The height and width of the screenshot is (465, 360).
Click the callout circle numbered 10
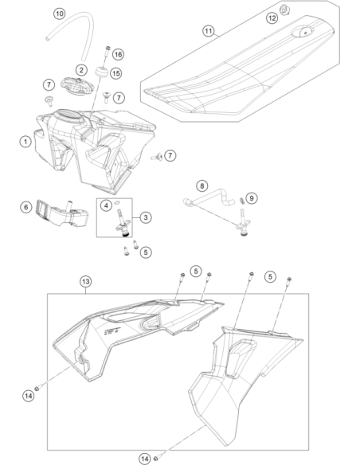click(x=59, y=14)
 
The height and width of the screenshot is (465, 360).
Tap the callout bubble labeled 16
click(x=118, y=54)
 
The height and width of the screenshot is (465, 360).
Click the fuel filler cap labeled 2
click(x=77, y=84)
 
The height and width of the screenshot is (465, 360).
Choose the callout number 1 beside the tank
click(x=25, y=142)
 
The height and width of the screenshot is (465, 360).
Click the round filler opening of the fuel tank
click(x=68, y=115)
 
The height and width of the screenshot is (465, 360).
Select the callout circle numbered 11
click(x=209, y=31)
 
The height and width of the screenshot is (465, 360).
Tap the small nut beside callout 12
click(x=285, y=10)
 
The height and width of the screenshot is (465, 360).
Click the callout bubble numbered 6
click(x=26, y=207)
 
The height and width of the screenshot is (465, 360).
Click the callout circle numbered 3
click(x=145, y=217)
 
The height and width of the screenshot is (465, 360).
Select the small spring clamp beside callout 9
click(x=241, y=201)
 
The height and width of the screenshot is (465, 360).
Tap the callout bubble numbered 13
click(x=85, y=281)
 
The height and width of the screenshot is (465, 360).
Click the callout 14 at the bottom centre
click(x=145, y=459)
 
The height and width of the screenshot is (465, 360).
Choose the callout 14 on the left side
click(x=29, y=396)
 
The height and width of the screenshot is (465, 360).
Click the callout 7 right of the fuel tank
click(x=170, y=155)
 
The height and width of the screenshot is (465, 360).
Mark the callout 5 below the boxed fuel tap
click(x=145, y=252)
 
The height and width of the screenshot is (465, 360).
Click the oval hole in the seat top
click(x=302, y=31)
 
